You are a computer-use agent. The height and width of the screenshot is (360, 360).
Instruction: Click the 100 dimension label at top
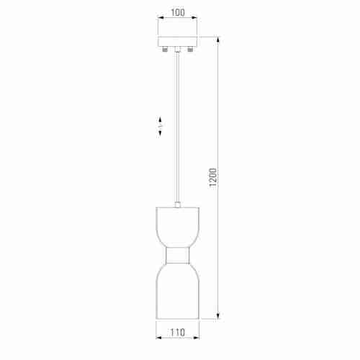(178, 12)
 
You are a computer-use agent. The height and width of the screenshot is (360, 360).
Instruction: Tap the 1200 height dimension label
(213, 177)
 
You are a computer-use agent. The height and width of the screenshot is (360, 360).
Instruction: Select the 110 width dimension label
(178, 333)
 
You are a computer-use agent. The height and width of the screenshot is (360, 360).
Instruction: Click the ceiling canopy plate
(178, 42)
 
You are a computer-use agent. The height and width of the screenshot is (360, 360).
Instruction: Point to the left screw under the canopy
(165, 50)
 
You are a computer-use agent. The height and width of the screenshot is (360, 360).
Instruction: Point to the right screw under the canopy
(190, 50)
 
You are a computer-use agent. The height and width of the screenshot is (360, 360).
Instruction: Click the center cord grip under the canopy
(178, 50)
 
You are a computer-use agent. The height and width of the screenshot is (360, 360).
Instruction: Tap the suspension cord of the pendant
(178, 127)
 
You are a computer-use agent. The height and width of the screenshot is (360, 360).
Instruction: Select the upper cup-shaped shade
(178, 227)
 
